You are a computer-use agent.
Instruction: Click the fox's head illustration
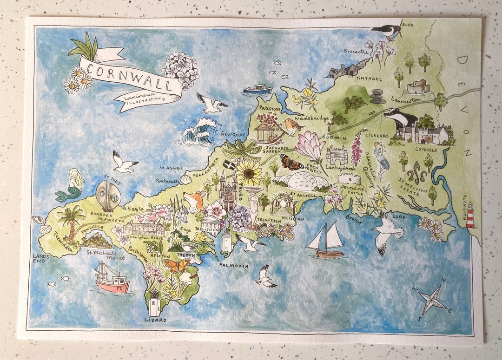click(x=194, y=201)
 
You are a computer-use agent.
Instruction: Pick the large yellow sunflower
click(x=250, y=173)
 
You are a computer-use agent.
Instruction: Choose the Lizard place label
click(x=155, y=320)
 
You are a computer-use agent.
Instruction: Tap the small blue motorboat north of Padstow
click(x=258, y=89)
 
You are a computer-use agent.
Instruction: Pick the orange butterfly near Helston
click(x=177, y=266)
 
